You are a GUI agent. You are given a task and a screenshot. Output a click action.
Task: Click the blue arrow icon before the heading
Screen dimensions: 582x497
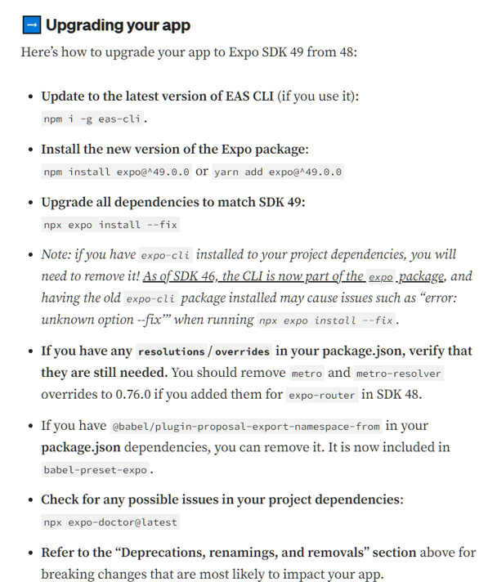31,25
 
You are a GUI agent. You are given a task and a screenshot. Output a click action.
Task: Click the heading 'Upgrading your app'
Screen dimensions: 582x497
118,25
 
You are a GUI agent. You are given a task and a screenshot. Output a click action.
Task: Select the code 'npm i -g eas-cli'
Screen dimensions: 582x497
93,119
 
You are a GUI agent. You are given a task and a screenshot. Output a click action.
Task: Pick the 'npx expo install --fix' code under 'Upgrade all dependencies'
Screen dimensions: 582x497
110,224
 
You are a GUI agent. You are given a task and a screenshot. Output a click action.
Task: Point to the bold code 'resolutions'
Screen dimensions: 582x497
171,351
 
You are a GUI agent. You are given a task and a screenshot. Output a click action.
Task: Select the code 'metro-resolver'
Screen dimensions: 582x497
399,373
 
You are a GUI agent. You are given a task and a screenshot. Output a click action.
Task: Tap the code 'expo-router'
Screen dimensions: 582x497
321,395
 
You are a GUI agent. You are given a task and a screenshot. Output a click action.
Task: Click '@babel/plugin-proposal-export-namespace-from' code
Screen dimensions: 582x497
246,426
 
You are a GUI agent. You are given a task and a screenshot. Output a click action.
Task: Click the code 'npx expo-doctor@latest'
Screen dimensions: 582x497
110,522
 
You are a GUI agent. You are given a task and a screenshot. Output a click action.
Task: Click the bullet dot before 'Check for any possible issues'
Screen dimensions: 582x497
30,500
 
